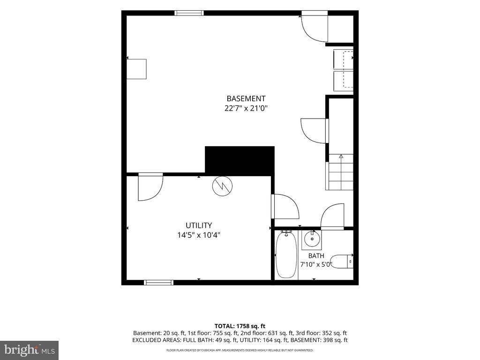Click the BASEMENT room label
[246, 98]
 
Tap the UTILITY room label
[199, 225]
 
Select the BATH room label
[316, 255]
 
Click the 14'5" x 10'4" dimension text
[199, 235]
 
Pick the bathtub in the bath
[286, 255]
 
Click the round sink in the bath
[312, 239]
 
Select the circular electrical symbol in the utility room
[223, 186]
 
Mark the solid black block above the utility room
[240, 161]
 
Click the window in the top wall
[189, 13]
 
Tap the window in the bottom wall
[158, 283]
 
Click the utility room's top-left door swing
[150, 187]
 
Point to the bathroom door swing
[332, 217]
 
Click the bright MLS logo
[29, 350]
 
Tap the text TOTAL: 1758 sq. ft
[240, 326]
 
